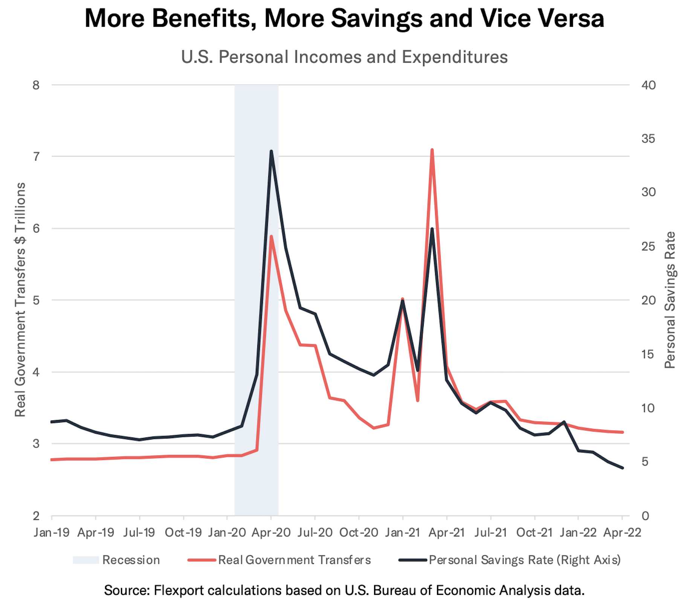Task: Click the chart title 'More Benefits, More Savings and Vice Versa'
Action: coord(344,18)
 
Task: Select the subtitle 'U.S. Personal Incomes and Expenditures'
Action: coord(344,57)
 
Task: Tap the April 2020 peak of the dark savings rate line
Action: coord(271,151)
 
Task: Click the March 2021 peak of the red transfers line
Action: coord(432,150)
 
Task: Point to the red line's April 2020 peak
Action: coord(271,237)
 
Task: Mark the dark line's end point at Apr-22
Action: coord(622,468)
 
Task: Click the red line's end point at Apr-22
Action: coord(622,432)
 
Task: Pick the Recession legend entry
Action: coord(117,560)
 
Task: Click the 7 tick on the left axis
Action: coord(36,157)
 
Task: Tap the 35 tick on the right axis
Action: coord(648,139)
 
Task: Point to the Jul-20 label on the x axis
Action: coord(315,533)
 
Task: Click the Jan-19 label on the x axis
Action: coord(52,533)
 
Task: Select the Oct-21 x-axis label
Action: coord(534,533)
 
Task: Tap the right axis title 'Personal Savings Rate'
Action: coord(670,299)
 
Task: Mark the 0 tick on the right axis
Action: coord(645,516)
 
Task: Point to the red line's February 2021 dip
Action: coord(417,400)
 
